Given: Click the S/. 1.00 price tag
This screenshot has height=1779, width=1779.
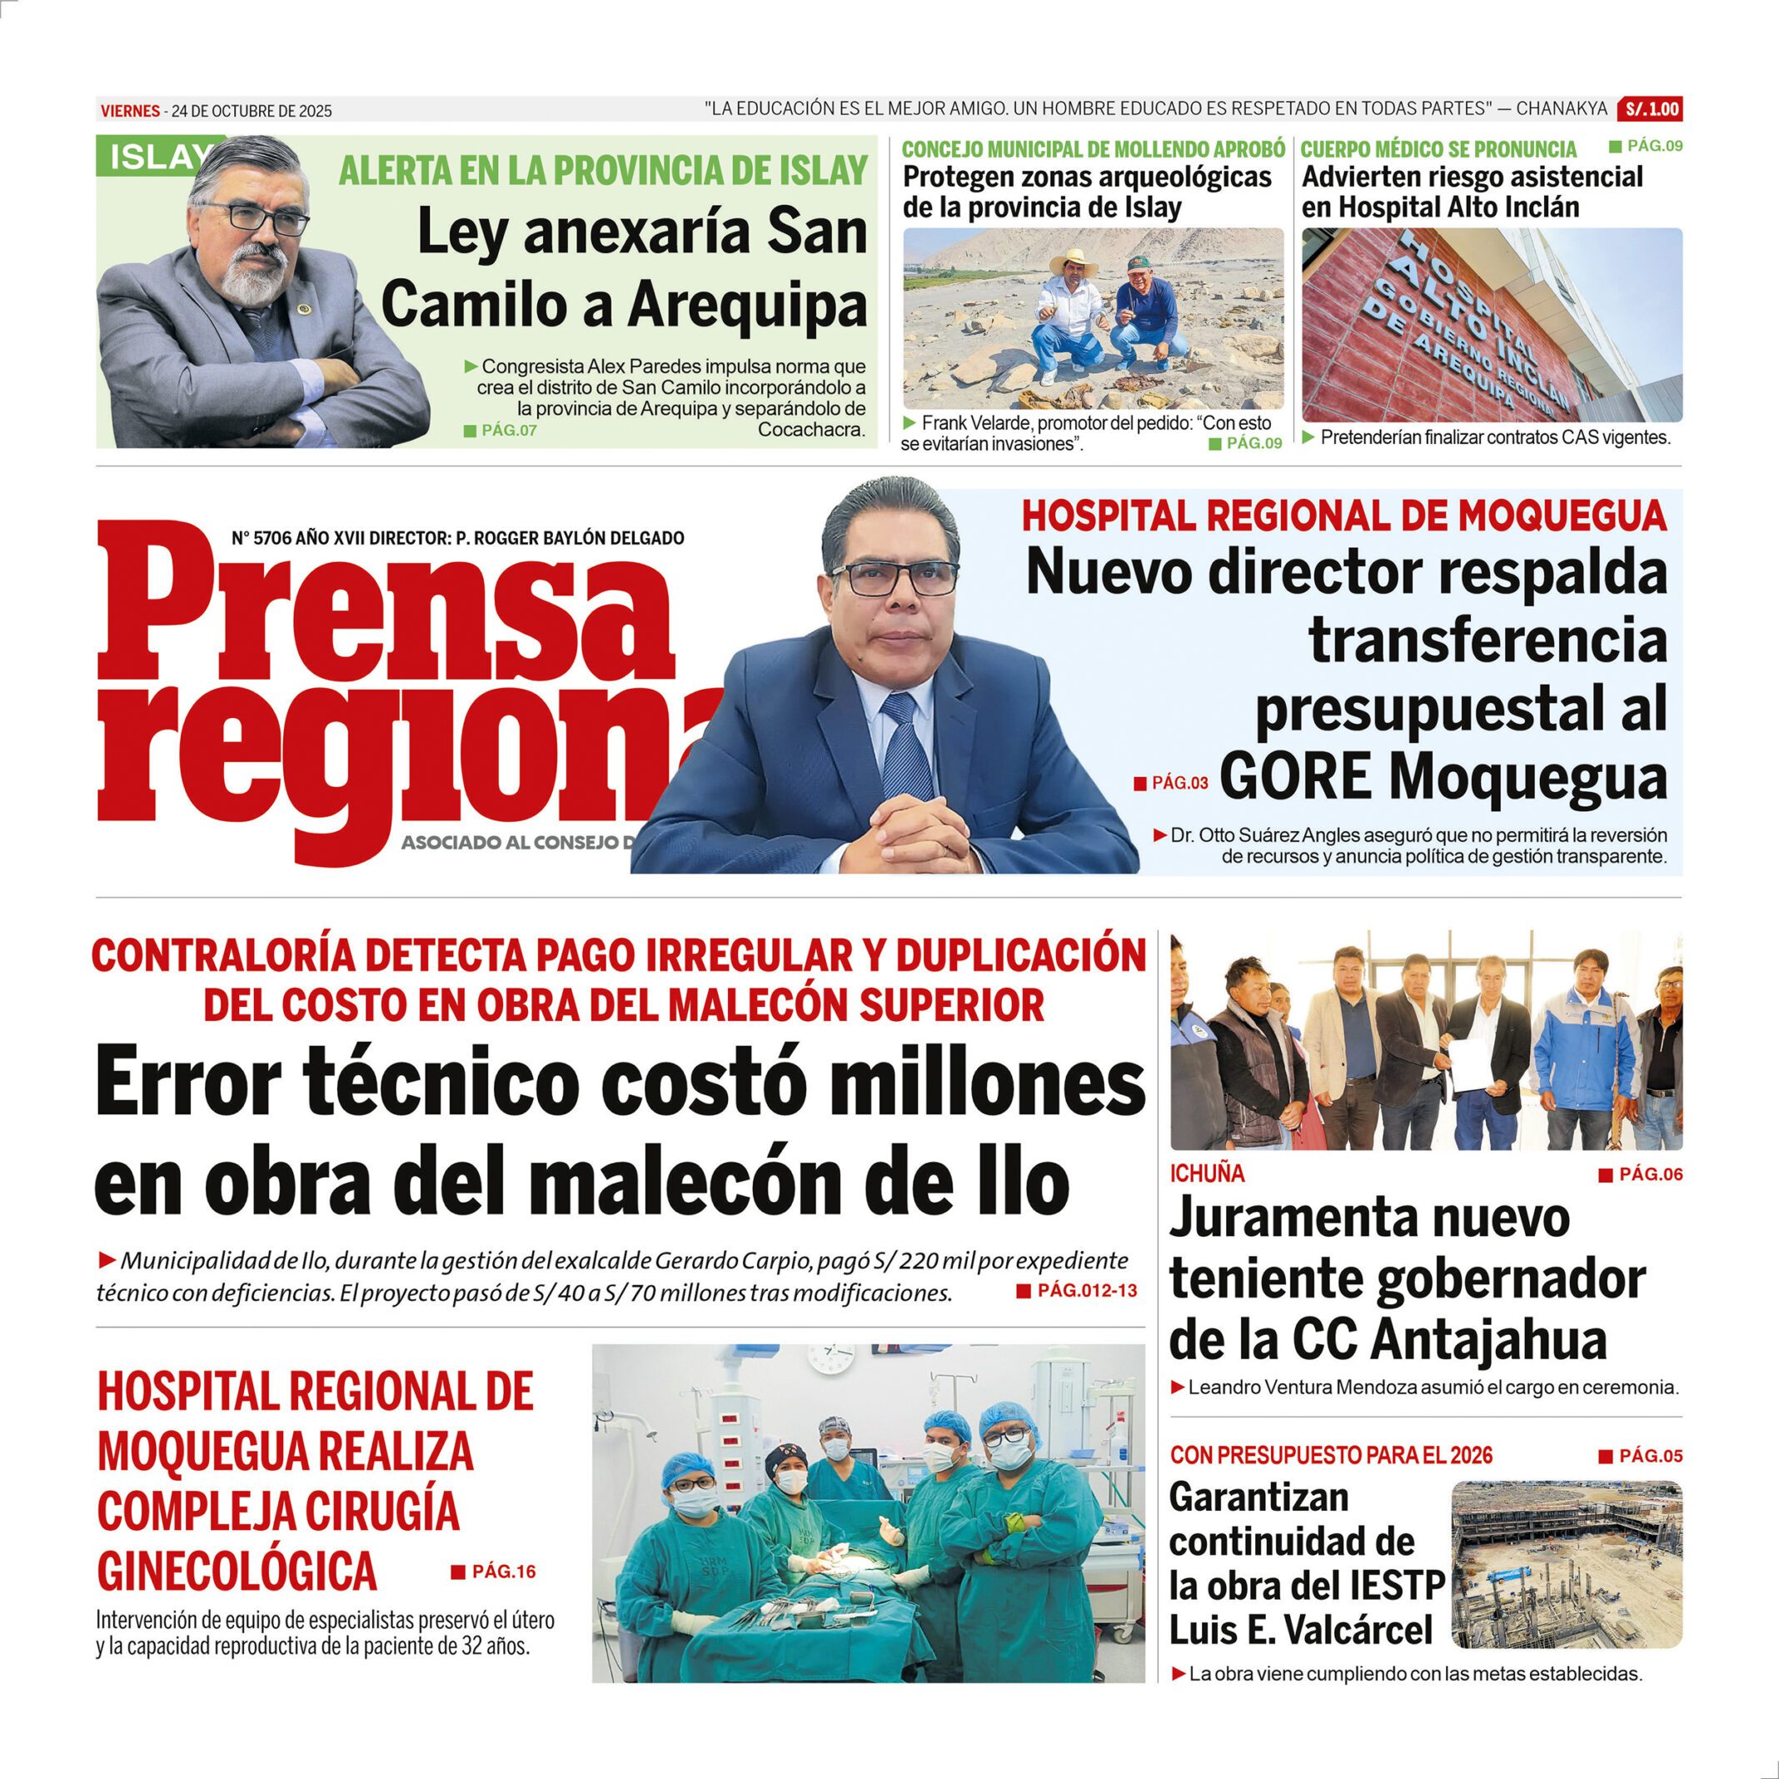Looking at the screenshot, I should pyautogui.click(x=1652, y=110).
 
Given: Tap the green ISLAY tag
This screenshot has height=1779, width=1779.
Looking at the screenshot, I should pyautogui.click(x=157, y=157).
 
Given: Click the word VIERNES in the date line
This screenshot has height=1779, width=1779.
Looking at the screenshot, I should pyautogui.click(x=130, y=112).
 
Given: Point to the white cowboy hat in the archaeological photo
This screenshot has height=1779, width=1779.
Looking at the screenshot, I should pyautogui.click(x=1075, y=259).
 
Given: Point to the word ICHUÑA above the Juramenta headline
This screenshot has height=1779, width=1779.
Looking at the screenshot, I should pyautogui.click(x=1207, y=1174).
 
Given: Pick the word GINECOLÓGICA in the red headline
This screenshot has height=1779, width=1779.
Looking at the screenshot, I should pyautogui.click(x=237, y=1570).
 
